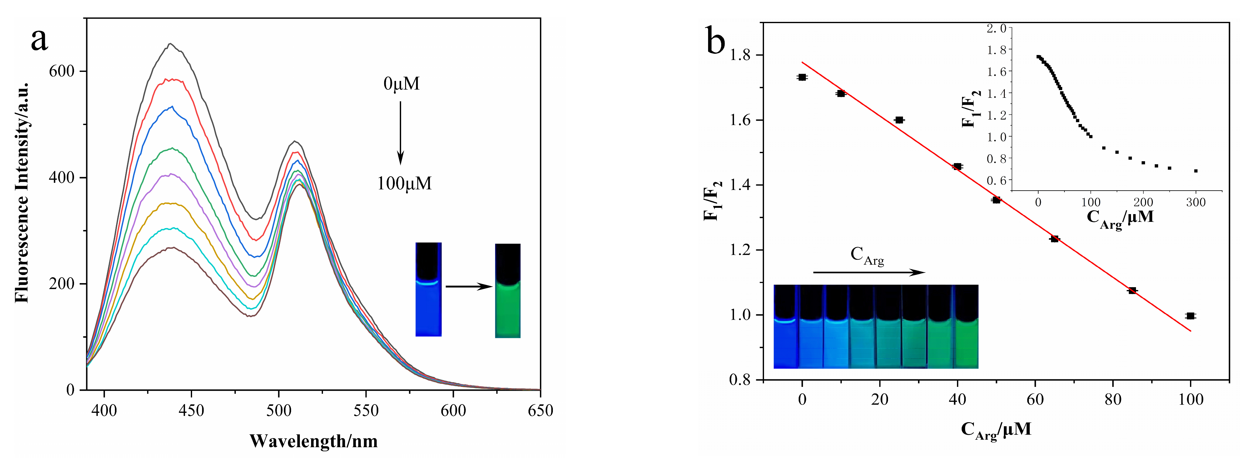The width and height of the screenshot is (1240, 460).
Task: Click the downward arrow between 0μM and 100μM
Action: point(400,132)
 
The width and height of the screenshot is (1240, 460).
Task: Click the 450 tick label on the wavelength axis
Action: point(191,411)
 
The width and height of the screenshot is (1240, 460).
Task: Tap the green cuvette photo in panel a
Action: point(508,290)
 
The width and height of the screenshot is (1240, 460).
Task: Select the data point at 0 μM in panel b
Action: point(802,77)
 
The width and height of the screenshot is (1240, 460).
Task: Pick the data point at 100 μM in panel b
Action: point(1190,316)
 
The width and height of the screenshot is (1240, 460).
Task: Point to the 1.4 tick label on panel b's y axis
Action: point(740,185)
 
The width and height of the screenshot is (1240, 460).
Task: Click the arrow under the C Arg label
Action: point(869,272)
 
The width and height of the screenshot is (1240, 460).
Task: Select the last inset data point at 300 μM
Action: point(1196,171)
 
